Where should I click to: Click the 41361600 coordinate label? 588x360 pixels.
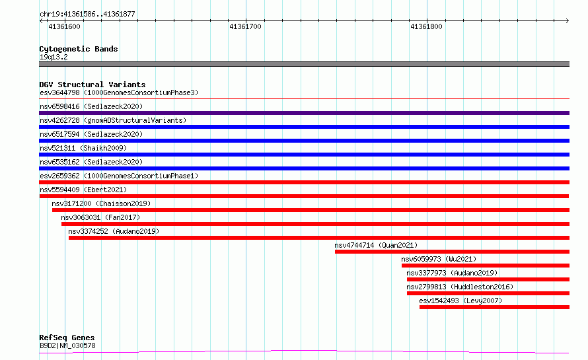coord(64,26)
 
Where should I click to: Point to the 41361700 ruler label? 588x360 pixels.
coord(245,26)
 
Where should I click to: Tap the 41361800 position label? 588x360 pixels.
coord(426,26)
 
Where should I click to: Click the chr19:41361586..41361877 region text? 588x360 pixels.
coord(87,15)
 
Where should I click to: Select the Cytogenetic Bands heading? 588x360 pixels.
coord(79,49)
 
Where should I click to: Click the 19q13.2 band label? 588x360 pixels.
coord(54,57)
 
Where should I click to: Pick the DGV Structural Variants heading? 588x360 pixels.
coord(92,85)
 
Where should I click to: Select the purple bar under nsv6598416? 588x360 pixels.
coord(304,113)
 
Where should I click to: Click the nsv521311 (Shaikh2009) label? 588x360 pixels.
coord(83,148)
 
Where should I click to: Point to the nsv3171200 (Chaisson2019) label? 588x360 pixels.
coord(101,203)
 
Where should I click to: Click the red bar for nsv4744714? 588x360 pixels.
coord(453,252)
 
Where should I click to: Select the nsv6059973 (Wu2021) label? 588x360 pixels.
coord(439,259)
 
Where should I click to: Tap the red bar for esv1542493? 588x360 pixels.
coord(494,307)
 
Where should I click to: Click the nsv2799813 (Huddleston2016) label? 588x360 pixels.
coord(460,287)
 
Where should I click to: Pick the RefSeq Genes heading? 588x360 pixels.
coord(67,338)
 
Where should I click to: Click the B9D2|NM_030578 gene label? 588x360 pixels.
coord(67,345)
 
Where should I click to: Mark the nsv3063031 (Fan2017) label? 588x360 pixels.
coord(100,217)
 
